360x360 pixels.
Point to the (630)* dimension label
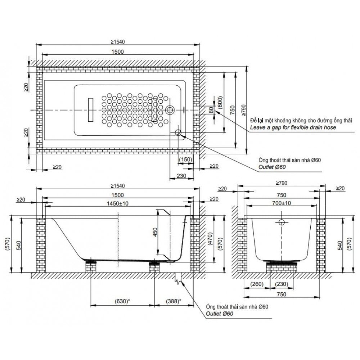122,301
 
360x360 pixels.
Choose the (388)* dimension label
174,301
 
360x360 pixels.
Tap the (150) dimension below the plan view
186,159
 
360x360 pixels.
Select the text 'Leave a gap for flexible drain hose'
293,128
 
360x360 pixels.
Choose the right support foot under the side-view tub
155,266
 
